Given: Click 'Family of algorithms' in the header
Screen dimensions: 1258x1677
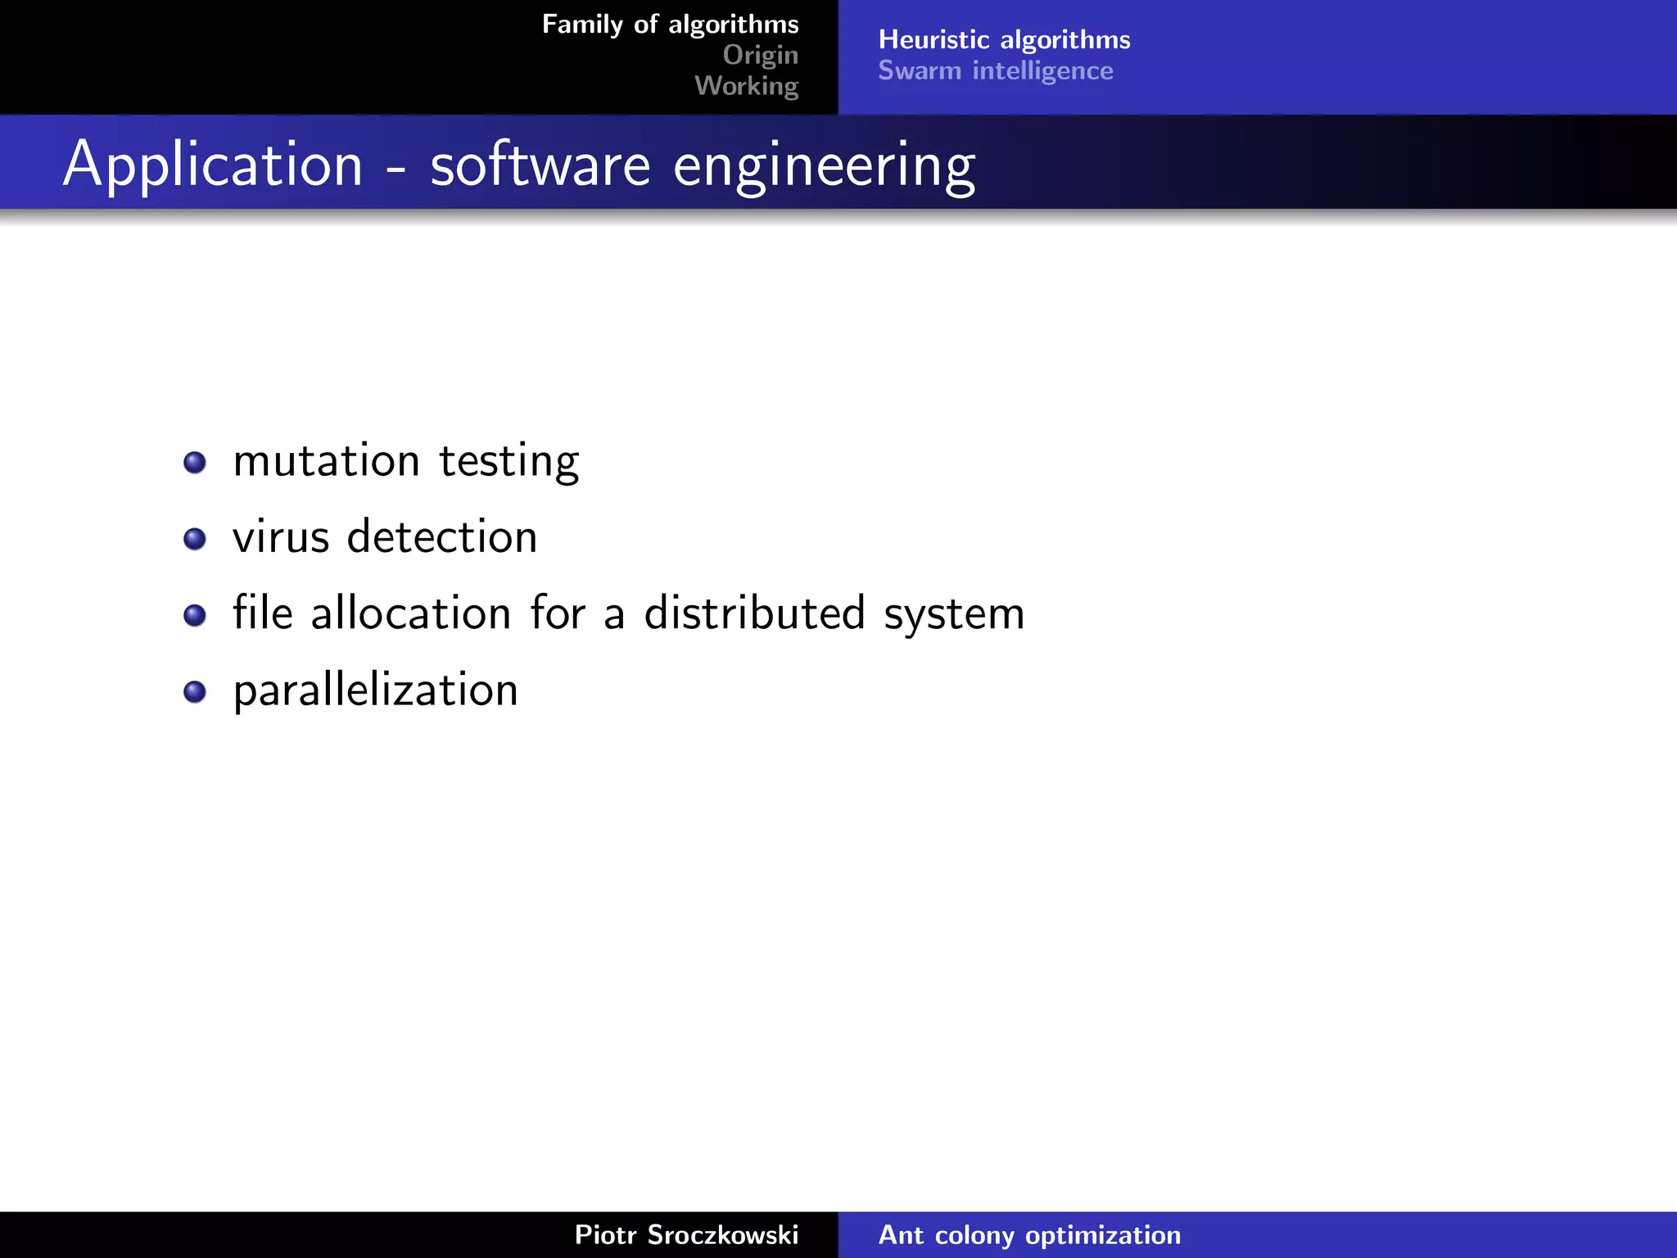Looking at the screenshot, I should pos(670,25).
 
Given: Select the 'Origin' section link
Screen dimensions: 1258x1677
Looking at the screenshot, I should pos(760,55).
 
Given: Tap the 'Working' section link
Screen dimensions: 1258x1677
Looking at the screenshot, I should pos(746,85).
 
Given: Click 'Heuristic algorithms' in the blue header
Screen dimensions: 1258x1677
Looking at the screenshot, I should pos(1004,39).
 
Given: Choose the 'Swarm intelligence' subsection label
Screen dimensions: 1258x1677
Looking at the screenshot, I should pos(995,71).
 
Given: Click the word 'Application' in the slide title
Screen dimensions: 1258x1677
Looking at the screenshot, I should pos(213,165).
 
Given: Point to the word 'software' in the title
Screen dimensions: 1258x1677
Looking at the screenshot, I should pos(540,165).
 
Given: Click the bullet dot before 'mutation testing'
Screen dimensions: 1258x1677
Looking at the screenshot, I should pos(195,463).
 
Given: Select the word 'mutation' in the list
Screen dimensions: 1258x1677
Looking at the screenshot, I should pos(326,461).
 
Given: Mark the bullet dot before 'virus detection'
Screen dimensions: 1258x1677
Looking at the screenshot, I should pos(195,539).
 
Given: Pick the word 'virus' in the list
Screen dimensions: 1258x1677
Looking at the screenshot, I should pos(281,538).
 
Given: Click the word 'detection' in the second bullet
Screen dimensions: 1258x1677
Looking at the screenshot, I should pos(442,537).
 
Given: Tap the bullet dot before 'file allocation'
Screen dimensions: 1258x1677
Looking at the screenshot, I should pos(195,615).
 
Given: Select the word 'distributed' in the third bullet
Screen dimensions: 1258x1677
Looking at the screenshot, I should pos(754,613).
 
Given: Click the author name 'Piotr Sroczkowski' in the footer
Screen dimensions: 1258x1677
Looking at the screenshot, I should pos(686,1235).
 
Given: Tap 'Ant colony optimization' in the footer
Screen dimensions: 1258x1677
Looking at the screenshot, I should pos(1029,1235).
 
